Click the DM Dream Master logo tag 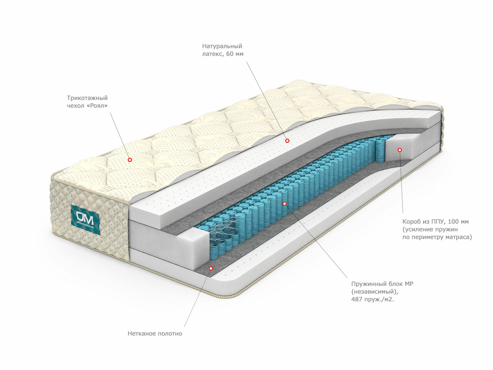tap(86, 219)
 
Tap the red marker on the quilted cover tap(130, 160)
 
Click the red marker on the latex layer tap(287, 141)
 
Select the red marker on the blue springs tap(284, 203)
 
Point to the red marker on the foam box tap(400, 150)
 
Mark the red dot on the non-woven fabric tap(211, 268)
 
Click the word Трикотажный tap(87, 98)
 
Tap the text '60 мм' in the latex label tap(235, 54)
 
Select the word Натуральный tap(222, 46)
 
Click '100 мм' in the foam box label tap(458, 222)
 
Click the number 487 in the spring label tap(357, 299)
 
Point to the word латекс tap(212, 54)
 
